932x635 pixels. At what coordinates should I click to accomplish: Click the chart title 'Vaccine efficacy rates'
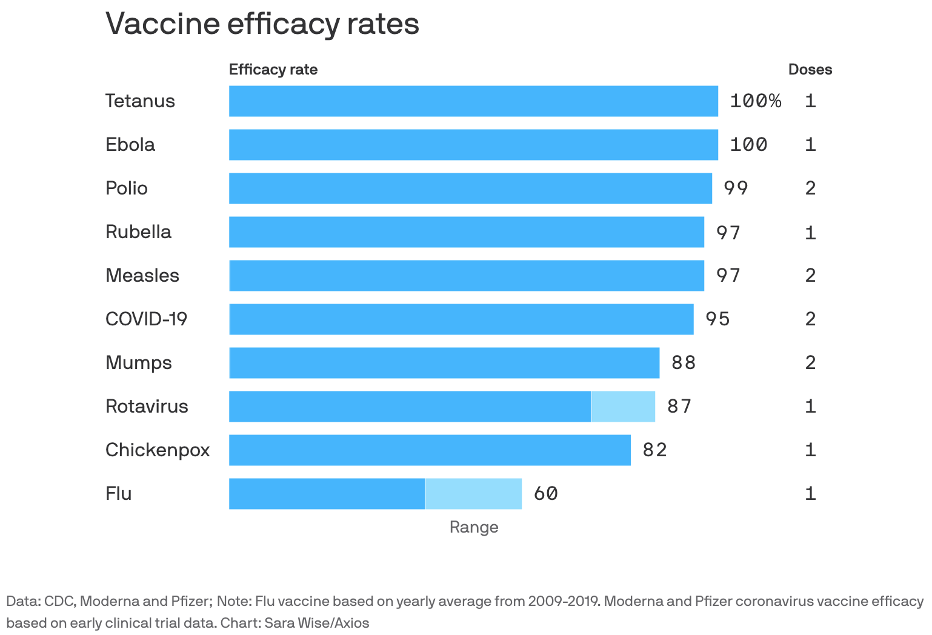pyautogui.click(x=262, y=24)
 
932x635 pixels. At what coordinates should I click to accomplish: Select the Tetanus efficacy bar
pyautogui.click(x=473, y=101)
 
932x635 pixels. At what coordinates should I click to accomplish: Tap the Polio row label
pyautogui.click(x=127, y=188)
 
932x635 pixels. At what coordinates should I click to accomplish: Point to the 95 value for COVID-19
pyautogui.click(x=717, y=319)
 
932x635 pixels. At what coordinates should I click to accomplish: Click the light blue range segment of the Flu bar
pyautogui.click(x=473, y=494)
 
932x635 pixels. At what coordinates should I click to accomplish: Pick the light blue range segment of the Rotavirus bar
pyautogui.click(x=623, y=407)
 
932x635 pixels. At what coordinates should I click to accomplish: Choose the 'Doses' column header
pyautogui.click(x=810, y=70)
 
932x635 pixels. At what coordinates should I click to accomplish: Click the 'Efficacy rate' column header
pyautogui.click(x=273, y=70)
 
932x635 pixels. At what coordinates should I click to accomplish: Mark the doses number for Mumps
pyautogui.click(x=810, y=363)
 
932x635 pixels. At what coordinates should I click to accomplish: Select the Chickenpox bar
pyautogui.click(x=430, y=450)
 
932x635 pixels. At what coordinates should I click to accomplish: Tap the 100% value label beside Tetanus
pyautogui.click(x=755, y=101)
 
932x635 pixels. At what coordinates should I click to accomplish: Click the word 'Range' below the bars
pyautogui.click(x=474, y=527)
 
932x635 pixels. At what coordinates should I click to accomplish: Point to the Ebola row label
pyautogui.click(x=130, y=145)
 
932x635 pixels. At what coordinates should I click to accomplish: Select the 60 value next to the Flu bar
pyautogui.click(x=545, y=494)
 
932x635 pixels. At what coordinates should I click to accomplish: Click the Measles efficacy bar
pyautogui.click(x=467, y=276)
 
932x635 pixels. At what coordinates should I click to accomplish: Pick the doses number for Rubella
pyautogui.click(x=810, y=232)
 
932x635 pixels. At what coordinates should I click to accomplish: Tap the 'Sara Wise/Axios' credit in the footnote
pyautogui.click(x=316, y=623)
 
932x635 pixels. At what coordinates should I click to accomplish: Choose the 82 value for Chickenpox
pyautogui.click(x=654, y=450)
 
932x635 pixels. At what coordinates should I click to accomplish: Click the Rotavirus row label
pyautogui.click(x=147, y=407)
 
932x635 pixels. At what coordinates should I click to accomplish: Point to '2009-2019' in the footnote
pyautogui.click(x=562, y=602)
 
